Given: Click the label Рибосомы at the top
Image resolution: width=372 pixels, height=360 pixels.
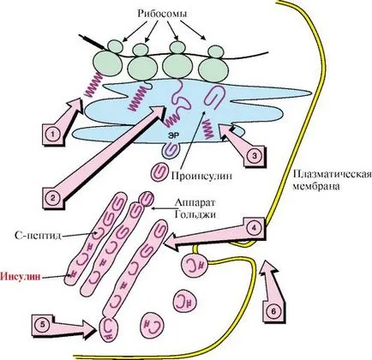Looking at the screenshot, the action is tap(162, 14).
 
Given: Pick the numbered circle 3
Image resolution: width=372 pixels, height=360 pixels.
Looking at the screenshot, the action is tap(255, 156).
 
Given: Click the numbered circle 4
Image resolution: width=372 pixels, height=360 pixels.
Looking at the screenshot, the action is tap(255, 228).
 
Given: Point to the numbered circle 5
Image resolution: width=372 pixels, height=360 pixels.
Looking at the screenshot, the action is tap(43, 325).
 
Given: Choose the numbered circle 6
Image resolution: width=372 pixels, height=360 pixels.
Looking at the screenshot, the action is tap(273, 312).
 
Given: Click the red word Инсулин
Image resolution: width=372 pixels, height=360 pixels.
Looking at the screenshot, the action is tap(21, 276).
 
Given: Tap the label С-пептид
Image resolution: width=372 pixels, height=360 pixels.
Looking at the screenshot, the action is tap(37, 236).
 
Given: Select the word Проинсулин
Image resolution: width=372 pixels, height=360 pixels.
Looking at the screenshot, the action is tap(201, 176).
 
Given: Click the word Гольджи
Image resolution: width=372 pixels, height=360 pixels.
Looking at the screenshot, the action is tap(195, 214).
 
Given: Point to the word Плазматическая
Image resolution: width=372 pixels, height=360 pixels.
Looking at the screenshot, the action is tap(333, 174).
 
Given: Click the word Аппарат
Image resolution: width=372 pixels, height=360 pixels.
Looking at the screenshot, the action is tap(195, 202).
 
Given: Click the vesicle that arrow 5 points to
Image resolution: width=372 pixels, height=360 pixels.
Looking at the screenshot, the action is tap(109, 328).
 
